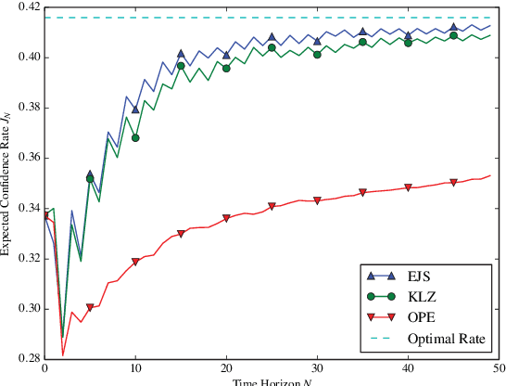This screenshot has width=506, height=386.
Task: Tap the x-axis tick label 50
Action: [x=497, y=369]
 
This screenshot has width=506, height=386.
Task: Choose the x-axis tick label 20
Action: [x=226, y=369]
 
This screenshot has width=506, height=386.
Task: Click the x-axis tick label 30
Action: [x=317, y=369]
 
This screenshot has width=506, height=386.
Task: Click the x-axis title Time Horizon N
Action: [x=272, y=381]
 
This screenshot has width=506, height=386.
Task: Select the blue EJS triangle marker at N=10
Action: [x=135, y=109]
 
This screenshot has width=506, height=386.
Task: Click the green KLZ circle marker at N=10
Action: [x=135, y=137]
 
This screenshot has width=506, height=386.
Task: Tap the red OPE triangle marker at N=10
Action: [x=135, y=262]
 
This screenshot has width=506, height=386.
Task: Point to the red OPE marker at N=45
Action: [x=453, y=183]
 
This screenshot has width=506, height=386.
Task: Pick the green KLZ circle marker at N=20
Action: [x=226, y=69]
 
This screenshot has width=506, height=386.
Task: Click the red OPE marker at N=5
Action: [x=90, y=307]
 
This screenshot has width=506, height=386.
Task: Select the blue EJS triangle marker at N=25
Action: [x=272, y=38]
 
